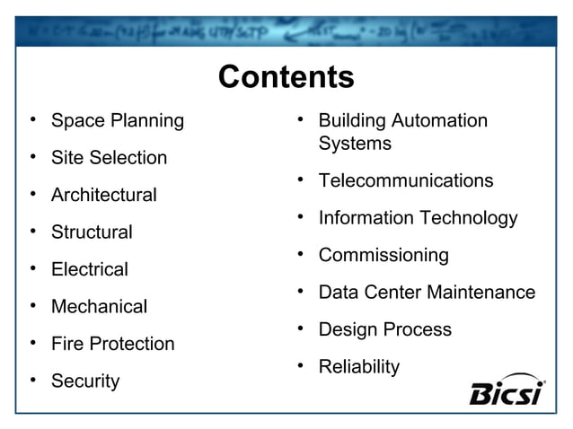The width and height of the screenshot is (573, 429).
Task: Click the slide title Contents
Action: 286,77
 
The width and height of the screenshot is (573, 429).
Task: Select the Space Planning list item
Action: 117,120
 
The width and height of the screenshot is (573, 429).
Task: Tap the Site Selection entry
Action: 109,158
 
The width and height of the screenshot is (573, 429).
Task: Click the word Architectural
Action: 103,195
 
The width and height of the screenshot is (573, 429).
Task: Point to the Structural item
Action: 92,232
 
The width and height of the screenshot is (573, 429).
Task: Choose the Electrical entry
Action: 89,269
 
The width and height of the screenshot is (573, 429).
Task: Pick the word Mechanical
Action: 99,307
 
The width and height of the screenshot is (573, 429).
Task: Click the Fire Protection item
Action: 112,344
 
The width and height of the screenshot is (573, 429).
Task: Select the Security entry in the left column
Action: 84,381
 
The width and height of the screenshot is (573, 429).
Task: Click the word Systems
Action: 355,144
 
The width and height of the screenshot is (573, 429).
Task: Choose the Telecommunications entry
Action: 405,181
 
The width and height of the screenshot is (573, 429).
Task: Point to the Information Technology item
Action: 418,218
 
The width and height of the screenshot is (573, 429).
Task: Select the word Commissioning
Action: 383,256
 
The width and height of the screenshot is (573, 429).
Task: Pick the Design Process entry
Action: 384,329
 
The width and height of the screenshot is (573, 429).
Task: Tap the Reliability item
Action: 358,367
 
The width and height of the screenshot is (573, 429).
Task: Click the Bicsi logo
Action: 506,391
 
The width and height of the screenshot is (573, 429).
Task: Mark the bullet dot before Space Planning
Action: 32,120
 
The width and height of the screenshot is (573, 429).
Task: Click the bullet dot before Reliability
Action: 300,366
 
